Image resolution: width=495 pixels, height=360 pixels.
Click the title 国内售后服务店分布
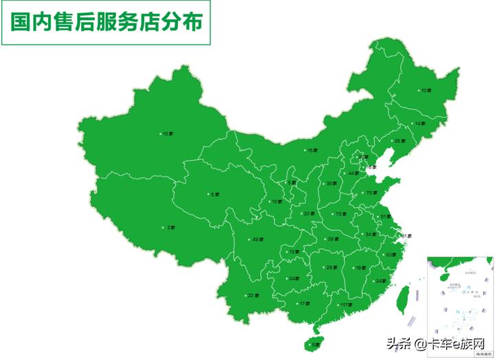pyautogui.click(x=107, y=23)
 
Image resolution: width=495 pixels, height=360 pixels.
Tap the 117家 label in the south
pyautogui.click(x=345, y=304)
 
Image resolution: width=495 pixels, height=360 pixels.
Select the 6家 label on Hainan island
pyautogui.click(x=316, y=344)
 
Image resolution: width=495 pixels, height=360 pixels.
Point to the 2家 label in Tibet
pyautogui.click(x=171, y=227)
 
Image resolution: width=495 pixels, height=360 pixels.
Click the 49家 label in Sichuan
pyautogui.click(x=258, y=239)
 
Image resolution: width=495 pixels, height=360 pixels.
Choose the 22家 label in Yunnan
pyautogui.click(x=253, y=295)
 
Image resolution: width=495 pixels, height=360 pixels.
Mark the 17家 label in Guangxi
pyautogui.click(x=304, y=304)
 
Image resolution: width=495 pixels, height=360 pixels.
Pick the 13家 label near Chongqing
pyautogui.click(x=294, y=252)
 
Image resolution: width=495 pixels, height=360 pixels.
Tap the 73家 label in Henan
pyautogui.click(x=340, y=214)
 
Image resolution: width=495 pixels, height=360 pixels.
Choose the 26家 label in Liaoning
pyautogui.click(x=399, y=142)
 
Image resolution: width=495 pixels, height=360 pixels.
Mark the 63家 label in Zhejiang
pyautogui.click(x=390, y=255)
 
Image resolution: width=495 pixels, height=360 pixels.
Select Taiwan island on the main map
pyautogui.click(x=404, y=297)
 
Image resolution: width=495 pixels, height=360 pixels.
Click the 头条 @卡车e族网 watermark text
pyautogui.click(x=437, y=344)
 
